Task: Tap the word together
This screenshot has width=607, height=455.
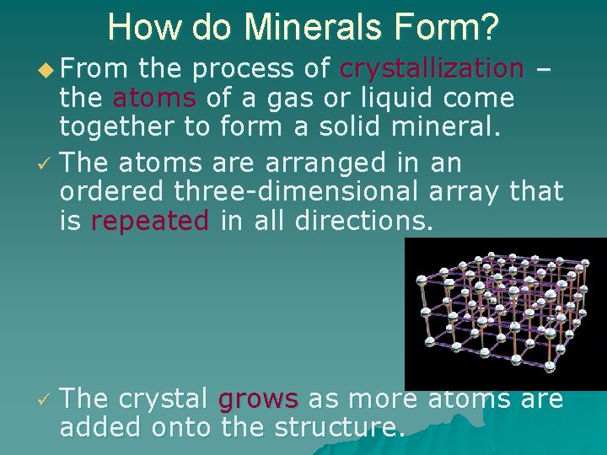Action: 134,130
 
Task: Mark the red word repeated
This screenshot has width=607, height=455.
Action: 149,222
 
